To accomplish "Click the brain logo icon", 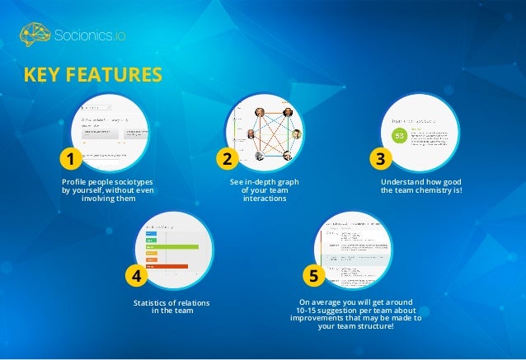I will pos(35,35).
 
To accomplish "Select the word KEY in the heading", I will pos(44,76).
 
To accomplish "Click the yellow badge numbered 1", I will pos(71,157).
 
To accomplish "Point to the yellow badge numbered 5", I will pos(312,274).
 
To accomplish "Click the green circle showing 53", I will pos(400,134).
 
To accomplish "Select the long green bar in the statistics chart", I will pos(171,246).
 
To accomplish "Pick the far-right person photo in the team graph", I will pos(297,134).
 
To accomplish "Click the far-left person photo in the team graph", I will pos(251,134).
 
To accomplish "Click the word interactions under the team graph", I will pos(263,199).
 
